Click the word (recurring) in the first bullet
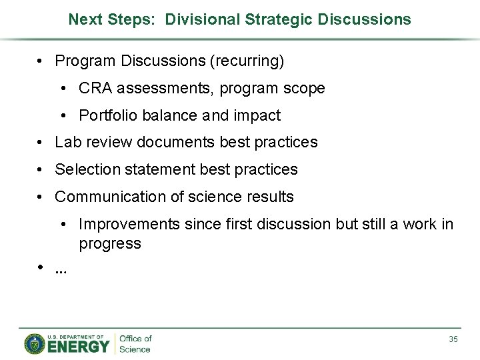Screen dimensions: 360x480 point(247,61)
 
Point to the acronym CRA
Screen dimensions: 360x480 point(95,89)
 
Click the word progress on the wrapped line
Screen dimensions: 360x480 point(110,244)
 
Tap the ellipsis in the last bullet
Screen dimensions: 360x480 point(61,270)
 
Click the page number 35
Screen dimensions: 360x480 point(453,339)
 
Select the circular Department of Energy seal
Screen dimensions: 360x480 point(35,343)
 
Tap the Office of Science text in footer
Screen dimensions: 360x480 point(135,344)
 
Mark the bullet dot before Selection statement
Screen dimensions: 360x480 point(41,170)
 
